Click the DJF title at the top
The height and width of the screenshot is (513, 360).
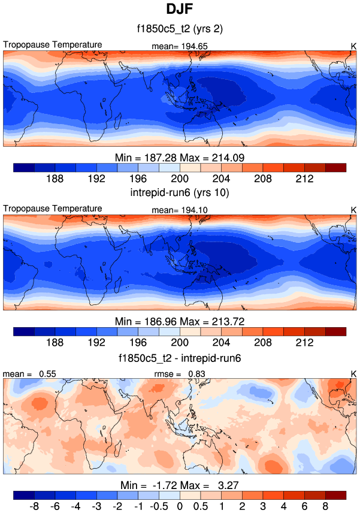[180, 10]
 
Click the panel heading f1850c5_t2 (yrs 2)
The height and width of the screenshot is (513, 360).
[180, 29]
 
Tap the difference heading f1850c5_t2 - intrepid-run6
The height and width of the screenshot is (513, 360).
[180, 358]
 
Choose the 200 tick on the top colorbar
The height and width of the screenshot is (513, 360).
[180, 179]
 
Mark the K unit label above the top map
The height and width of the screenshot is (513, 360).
[353, 46]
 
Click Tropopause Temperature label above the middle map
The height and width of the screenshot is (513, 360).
[53, 209]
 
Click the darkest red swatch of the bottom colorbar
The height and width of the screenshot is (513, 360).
[335, 495]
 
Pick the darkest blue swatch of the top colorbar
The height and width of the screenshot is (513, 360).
[23, 167]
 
